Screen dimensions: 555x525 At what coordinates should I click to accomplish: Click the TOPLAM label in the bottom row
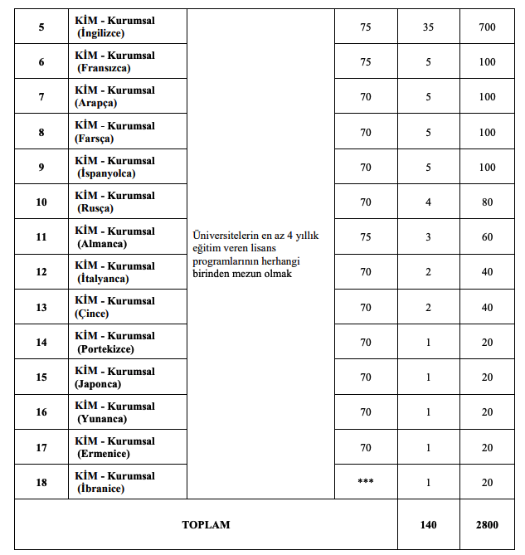(x=206, y=524)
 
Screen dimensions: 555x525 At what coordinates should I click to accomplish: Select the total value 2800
(x=487, y=524)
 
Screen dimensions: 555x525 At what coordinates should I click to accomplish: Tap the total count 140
(x=428, y=524)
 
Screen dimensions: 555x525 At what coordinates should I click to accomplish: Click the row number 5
(x=41, y=27)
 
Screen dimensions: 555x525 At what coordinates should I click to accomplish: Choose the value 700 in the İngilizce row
(x=487, y=27)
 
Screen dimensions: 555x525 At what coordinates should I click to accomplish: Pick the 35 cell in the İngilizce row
(x=428, y=27)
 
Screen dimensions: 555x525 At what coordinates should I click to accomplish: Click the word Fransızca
(x=105, y=68)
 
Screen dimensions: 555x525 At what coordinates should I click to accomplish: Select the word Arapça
(x=97, y=103)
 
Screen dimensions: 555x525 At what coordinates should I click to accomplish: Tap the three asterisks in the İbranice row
(x=366, y=482)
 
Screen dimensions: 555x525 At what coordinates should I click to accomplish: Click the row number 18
(x=41, y=482)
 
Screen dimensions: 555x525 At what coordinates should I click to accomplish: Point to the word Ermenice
(x=104, y=454)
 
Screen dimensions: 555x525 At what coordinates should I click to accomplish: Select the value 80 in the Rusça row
(x=487, y=202)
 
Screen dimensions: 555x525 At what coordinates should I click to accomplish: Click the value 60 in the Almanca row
(x=487, y=237)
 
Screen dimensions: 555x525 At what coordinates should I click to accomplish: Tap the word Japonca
(x=100, y=384)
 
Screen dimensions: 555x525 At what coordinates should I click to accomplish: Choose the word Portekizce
(x=105, y=348)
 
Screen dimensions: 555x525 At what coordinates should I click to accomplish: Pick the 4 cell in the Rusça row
(x=428, y=202)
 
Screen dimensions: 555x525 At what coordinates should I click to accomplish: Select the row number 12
(x=41, y=272)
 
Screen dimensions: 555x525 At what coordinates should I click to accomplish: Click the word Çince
(x=93, y=314)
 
